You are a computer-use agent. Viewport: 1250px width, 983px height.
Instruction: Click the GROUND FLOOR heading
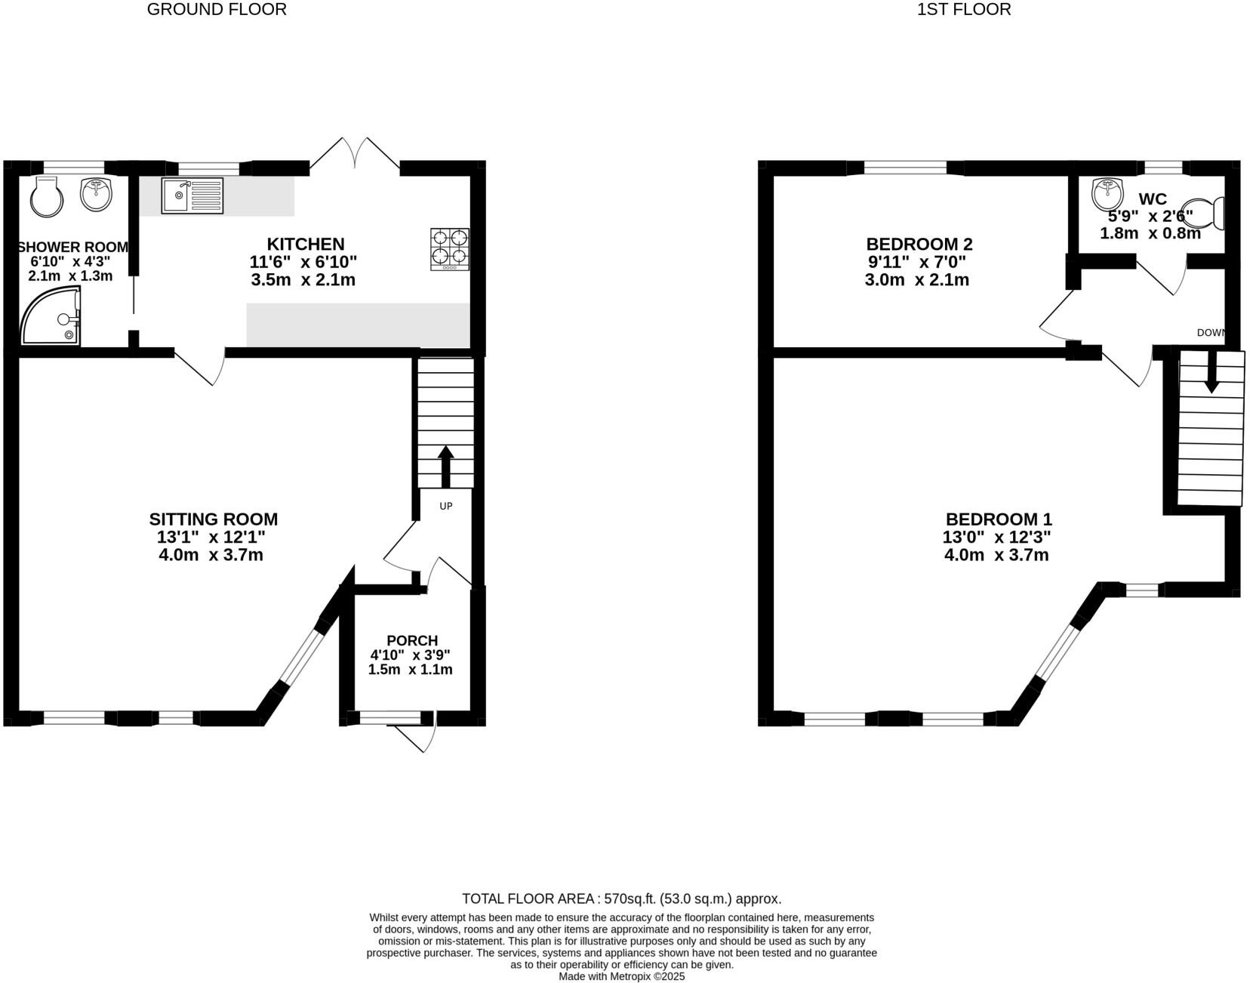pos(216,10)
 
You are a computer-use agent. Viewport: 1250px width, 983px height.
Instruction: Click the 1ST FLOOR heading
pos(963,10)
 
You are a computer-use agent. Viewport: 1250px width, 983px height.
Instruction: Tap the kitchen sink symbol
pos(192,196)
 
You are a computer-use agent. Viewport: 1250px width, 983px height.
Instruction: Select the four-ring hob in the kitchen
pos(450,249)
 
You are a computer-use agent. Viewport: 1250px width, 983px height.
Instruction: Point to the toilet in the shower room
pos(47,196)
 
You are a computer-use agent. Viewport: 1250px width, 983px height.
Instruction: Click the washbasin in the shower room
pos(97,193)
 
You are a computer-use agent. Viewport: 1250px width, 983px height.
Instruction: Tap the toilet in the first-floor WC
pos(1203,214)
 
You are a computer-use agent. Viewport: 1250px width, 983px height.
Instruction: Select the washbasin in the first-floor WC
pos(1107,195)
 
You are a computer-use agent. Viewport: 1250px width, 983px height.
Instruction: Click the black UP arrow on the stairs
pos(445,465)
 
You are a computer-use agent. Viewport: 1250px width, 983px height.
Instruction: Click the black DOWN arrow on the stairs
pos(1212,373)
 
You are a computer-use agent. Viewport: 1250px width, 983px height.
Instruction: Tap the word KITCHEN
pos(305,244)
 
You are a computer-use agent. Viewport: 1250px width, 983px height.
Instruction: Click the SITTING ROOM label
pos(213,519)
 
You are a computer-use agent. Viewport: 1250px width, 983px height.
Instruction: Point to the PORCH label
pos(411,640)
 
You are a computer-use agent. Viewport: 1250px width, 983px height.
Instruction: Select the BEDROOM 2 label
pos(919,244)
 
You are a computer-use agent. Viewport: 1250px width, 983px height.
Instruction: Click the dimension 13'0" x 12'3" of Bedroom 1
pos(996,538)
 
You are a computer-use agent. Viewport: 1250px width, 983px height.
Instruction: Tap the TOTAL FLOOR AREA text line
pos(621,899)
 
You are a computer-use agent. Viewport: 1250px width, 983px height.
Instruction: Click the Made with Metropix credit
pos(621,976)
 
